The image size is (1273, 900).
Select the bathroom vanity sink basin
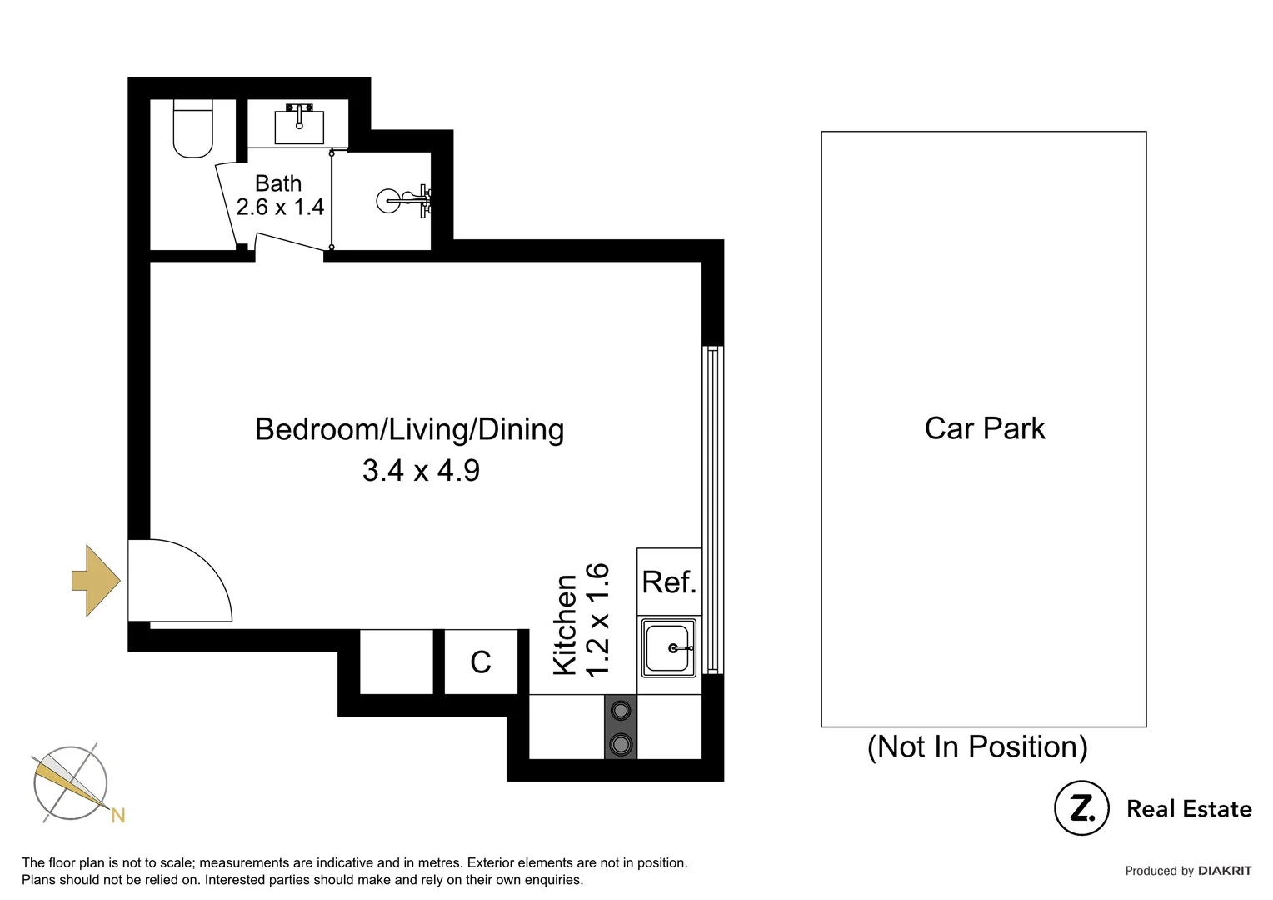299,127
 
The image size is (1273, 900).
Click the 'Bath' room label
277,182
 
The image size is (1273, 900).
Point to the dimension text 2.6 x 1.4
280,207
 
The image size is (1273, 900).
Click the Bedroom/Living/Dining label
409,429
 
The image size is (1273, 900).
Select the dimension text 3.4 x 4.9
421,470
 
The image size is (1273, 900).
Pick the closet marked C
481,662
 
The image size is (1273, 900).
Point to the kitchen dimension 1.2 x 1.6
598,620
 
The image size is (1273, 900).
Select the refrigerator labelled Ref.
669,582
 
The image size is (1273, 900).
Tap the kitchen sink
669,648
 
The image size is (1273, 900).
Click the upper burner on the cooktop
621,711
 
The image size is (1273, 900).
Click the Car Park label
984,428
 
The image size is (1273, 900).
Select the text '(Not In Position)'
977,747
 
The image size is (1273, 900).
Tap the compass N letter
118,816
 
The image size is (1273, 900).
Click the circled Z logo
1081,807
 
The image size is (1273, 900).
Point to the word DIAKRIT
1224,871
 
